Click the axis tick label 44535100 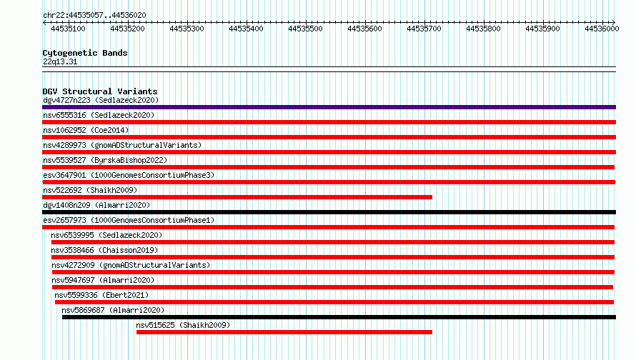(x=68, y=29)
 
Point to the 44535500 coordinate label (x=305, y=29)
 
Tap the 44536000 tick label (x=602, y=29)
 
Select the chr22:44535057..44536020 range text (x=94, y=16)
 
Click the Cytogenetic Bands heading (x=85, y=53)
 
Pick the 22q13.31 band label (x=60, y=62)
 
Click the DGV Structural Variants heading (x=100, y=91)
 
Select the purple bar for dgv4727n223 (x=329, y=107)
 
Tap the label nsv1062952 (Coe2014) (x=86, y=130)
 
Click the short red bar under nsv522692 (x=237, y=197)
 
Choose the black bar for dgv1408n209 (x=329, y=212)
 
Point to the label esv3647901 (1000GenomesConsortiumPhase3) (x=129, y=175)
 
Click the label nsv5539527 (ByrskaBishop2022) (x=105, y=160)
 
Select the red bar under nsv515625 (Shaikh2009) (x=284, y=332)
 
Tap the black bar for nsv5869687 (x=339, y=317)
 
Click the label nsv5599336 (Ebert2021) (x=101, y=295)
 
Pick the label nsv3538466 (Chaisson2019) (x=104, y=250)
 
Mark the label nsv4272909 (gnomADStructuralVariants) (x=131, y=265)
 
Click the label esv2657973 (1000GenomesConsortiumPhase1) (x=129, y=220)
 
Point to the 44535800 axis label (x=483, y=29)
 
